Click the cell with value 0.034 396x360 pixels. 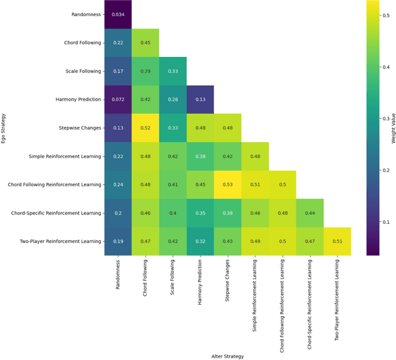118,14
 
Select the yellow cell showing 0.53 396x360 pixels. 227,185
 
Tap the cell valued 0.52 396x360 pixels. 145,128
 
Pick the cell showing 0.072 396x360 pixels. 118,100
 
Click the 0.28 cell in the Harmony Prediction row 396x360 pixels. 173,100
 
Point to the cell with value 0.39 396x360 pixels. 145,71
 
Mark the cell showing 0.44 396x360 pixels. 309,213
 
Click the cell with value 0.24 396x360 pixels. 118,185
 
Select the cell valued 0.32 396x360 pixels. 200,242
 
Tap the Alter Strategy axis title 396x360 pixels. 227,356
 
